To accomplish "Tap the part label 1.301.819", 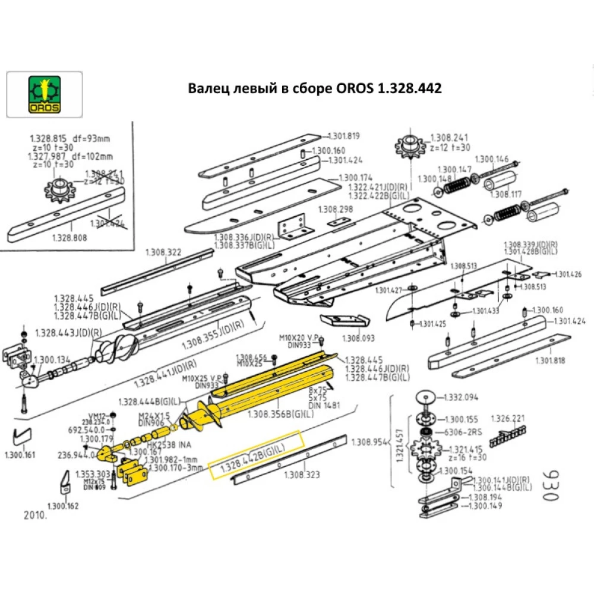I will pyautogui.click(x=345, y=135).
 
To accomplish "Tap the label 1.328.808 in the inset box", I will pyautogui.click(x=69, y=236).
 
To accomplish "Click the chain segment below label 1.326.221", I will pyautogui.click(x=508, y=438).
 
